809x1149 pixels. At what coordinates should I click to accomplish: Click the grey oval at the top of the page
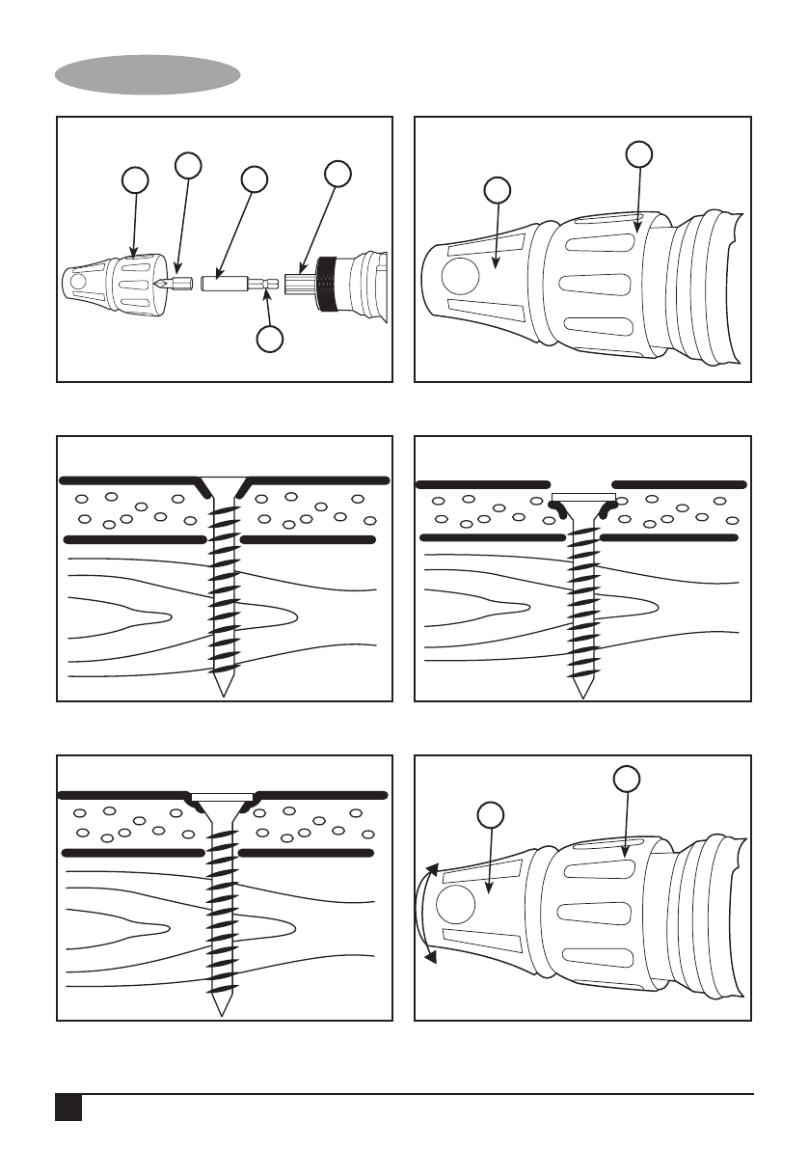[148, 74]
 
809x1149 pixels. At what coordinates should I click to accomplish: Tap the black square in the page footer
[67, 1107]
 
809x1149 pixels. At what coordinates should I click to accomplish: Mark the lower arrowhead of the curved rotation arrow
[431, 956]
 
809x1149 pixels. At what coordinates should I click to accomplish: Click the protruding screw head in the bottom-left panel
[224, 798]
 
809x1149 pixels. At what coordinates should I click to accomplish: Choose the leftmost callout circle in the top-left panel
[136, 180]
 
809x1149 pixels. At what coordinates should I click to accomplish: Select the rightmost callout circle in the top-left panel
[337, 174]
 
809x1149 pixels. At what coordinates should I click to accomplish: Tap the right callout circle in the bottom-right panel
[627, 780]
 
